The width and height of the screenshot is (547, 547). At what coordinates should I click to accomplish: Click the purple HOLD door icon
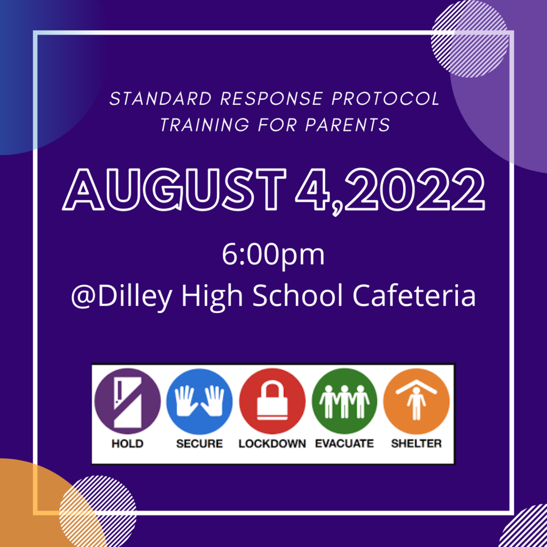128,401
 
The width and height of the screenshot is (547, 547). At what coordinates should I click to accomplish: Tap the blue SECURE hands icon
200,401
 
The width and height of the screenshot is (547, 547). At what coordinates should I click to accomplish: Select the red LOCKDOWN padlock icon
272,401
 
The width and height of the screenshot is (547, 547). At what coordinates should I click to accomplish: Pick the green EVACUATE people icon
345,401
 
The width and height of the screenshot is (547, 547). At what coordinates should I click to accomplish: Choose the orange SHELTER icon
416,401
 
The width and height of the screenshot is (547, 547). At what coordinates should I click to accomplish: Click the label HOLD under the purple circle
127,444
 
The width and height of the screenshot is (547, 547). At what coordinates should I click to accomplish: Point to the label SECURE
200,444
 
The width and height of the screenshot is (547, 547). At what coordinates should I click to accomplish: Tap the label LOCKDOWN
272,444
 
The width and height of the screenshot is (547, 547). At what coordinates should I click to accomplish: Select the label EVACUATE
345,444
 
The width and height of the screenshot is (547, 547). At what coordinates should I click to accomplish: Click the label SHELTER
416,444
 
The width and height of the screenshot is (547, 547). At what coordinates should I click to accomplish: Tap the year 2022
414,190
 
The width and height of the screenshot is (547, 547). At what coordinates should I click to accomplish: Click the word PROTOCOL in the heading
386,99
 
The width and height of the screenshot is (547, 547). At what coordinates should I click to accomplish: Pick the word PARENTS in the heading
347,124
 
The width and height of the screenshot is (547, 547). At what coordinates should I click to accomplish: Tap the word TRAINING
205,124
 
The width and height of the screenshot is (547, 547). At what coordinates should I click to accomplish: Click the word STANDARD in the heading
161,99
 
